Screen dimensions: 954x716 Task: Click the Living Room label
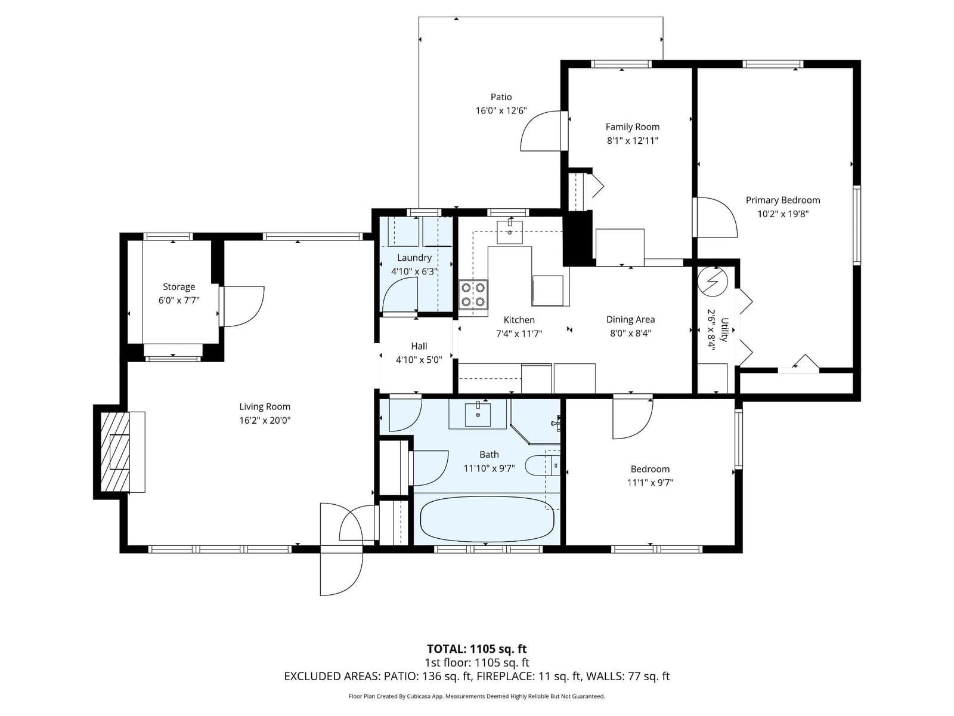265,406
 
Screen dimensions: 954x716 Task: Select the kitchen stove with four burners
473,294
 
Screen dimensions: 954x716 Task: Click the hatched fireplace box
114,452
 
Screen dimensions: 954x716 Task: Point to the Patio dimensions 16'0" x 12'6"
501,110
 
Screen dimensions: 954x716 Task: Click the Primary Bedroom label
783,200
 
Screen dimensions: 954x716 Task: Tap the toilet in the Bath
542,466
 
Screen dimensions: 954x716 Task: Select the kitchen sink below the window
509,232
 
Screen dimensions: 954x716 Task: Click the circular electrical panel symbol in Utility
713,282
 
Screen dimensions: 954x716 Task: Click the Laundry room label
414,257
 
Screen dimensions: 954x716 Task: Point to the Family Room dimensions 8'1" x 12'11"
633,140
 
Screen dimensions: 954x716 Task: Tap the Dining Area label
630,320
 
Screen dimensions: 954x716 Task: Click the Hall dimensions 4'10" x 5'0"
419,360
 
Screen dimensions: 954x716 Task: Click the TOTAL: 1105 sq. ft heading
477,649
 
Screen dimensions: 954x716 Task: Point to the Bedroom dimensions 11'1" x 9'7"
650,483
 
